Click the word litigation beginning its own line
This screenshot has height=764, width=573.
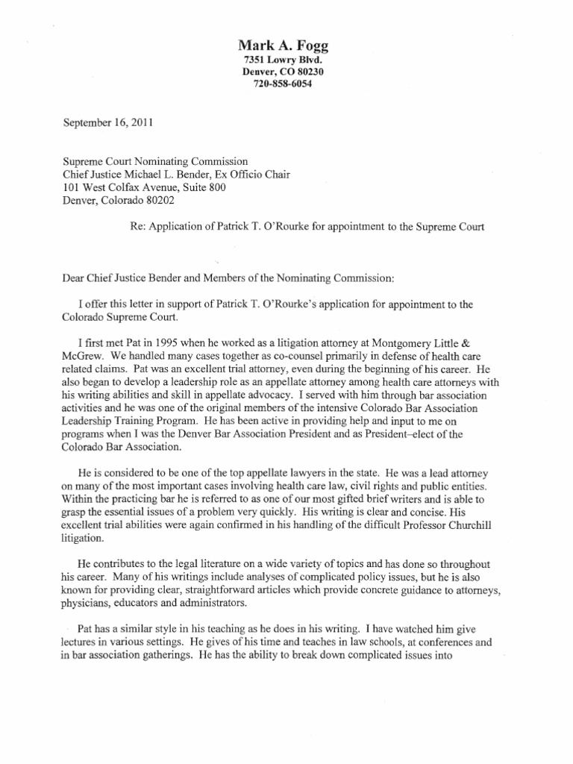tap(81, 539)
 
